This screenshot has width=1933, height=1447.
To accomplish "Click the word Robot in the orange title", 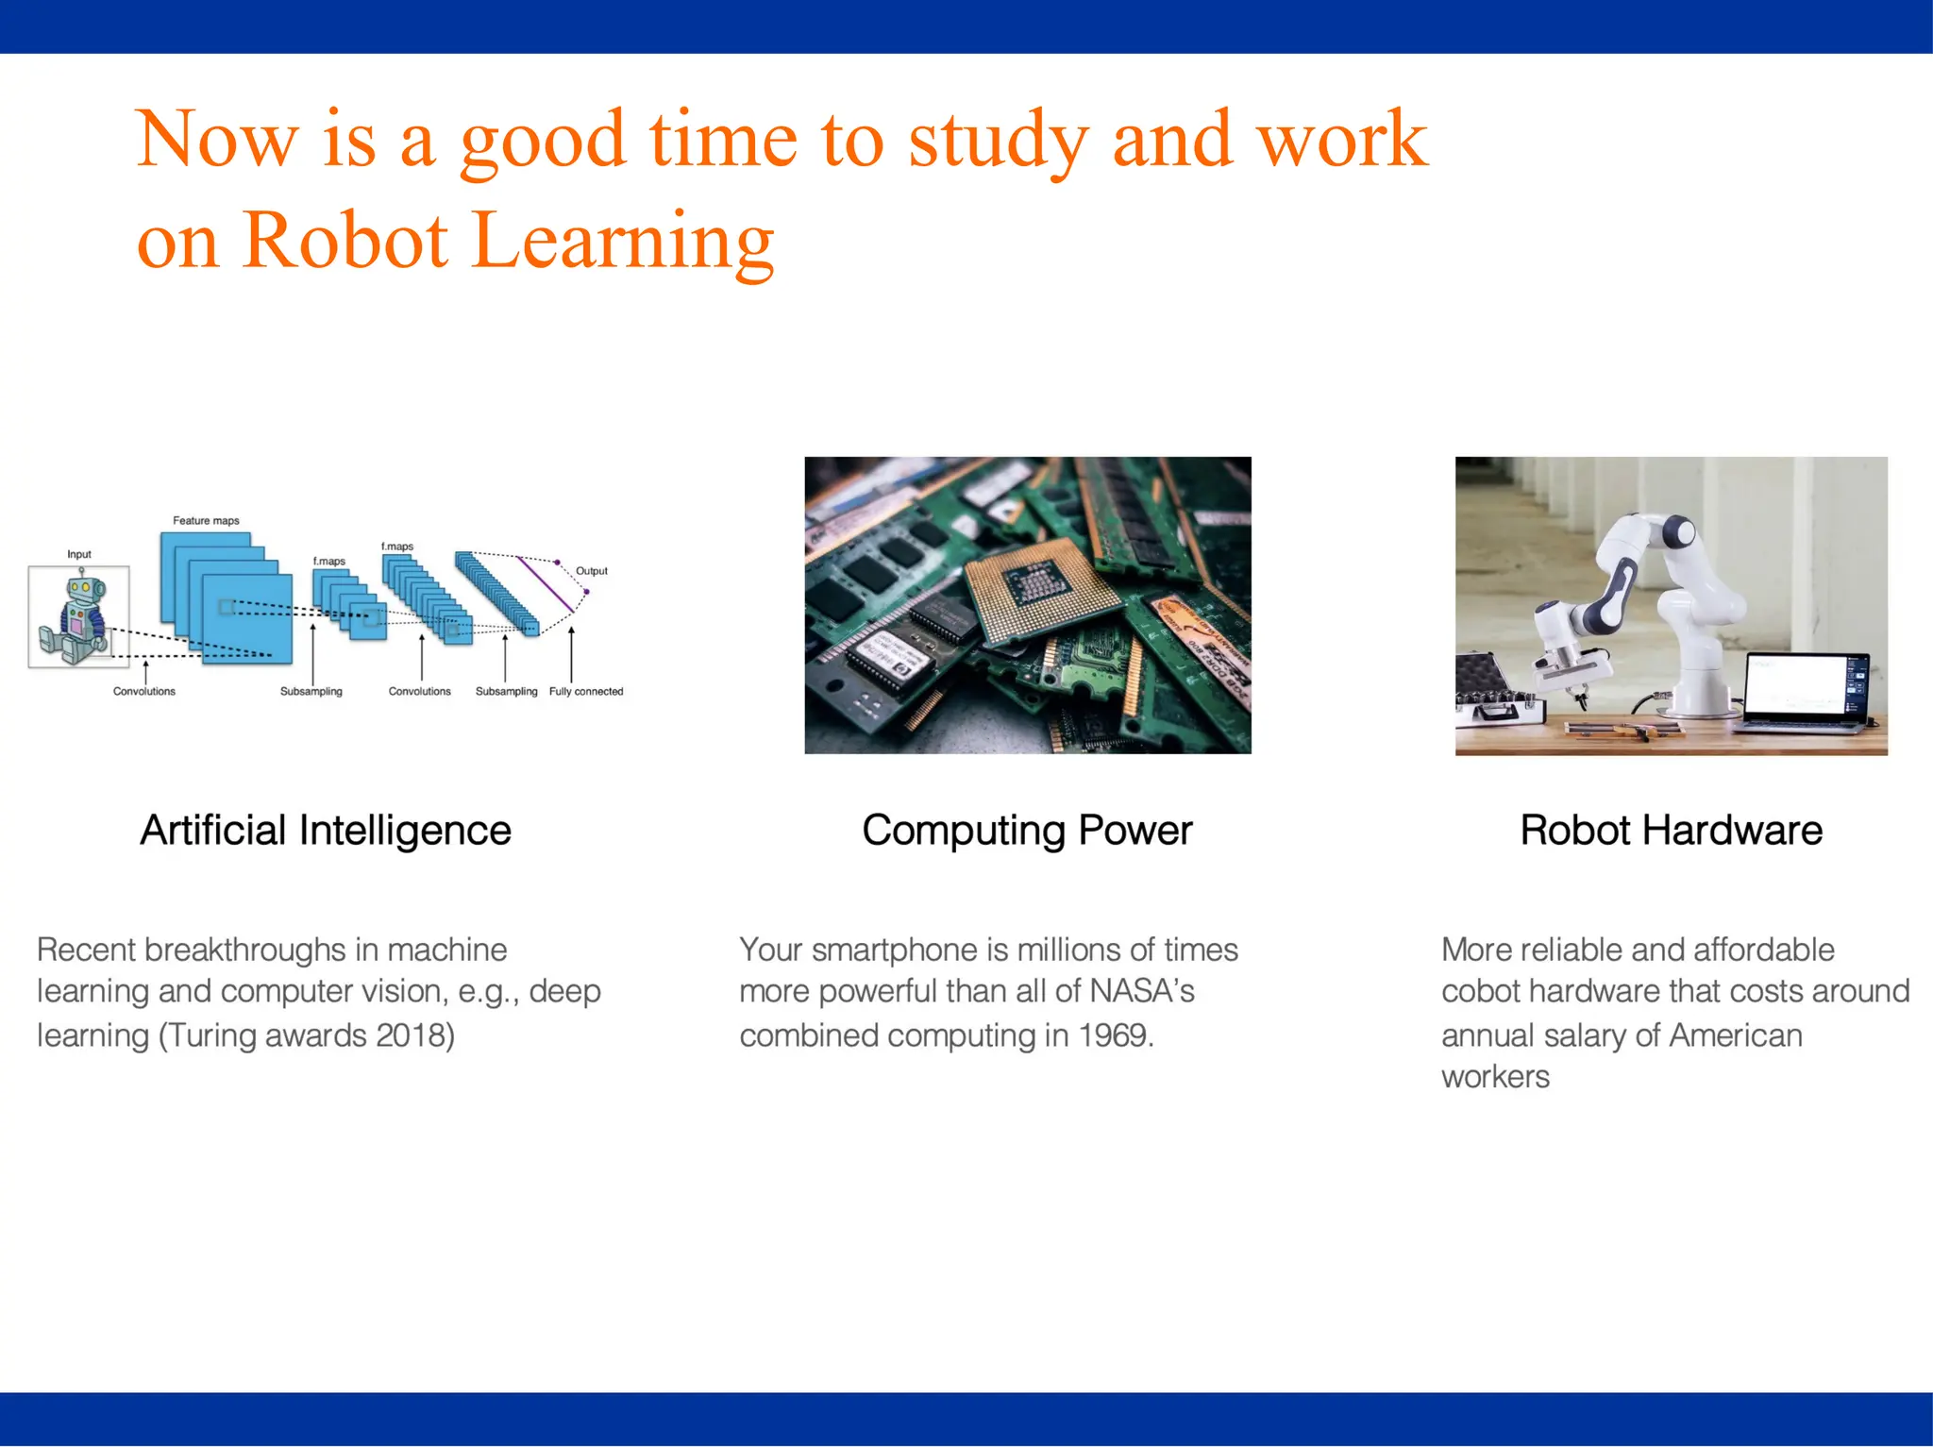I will click(345, 241).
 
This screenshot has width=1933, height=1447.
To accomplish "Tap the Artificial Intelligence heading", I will click(326, 831).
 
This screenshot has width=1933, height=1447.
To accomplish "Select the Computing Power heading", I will click(1027, 831).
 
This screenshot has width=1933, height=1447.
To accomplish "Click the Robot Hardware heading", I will click(1671, 831).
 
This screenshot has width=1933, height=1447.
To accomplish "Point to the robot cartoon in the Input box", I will click(77, 618).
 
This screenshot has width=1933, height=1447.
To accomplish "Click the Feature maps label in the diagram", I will click(206, 521).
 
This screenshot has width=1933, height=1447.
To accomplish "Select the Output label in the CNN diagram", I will click(592, 571).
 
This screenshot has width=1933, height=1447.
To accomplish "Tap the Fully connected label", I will click(586, 692).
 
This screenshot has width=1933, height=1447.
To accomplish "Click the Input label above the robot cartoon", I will click(79, 554).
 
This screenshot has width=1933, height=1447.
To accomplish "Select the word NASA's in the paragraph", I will click(1142, 991).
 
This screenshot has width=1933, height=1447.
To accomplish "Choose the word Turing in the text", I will click(214, 1035).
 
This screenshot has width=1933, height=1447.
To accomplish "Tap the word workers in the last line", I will click(1495, 1077).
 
